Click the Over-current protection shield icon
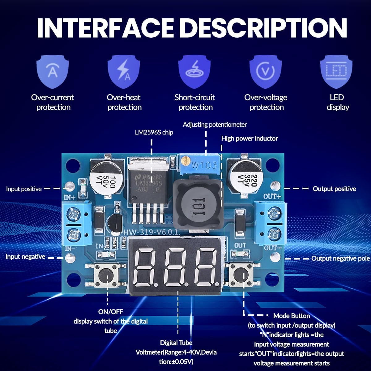coord(52,71)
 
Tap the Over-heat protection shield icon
coord(124,71)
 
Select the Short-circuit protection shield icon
coord(194,71)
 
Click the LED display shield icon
coord(337,71)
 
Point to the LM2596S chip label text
coord(154,132)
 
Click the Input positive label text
coord(24,189)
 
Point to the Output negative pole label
coord(340,258)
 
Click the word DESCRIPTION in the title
coord(263,28)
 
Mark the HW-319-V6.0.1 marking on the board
coord(151,232)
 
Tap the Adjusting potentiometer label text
coord(215,125)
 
